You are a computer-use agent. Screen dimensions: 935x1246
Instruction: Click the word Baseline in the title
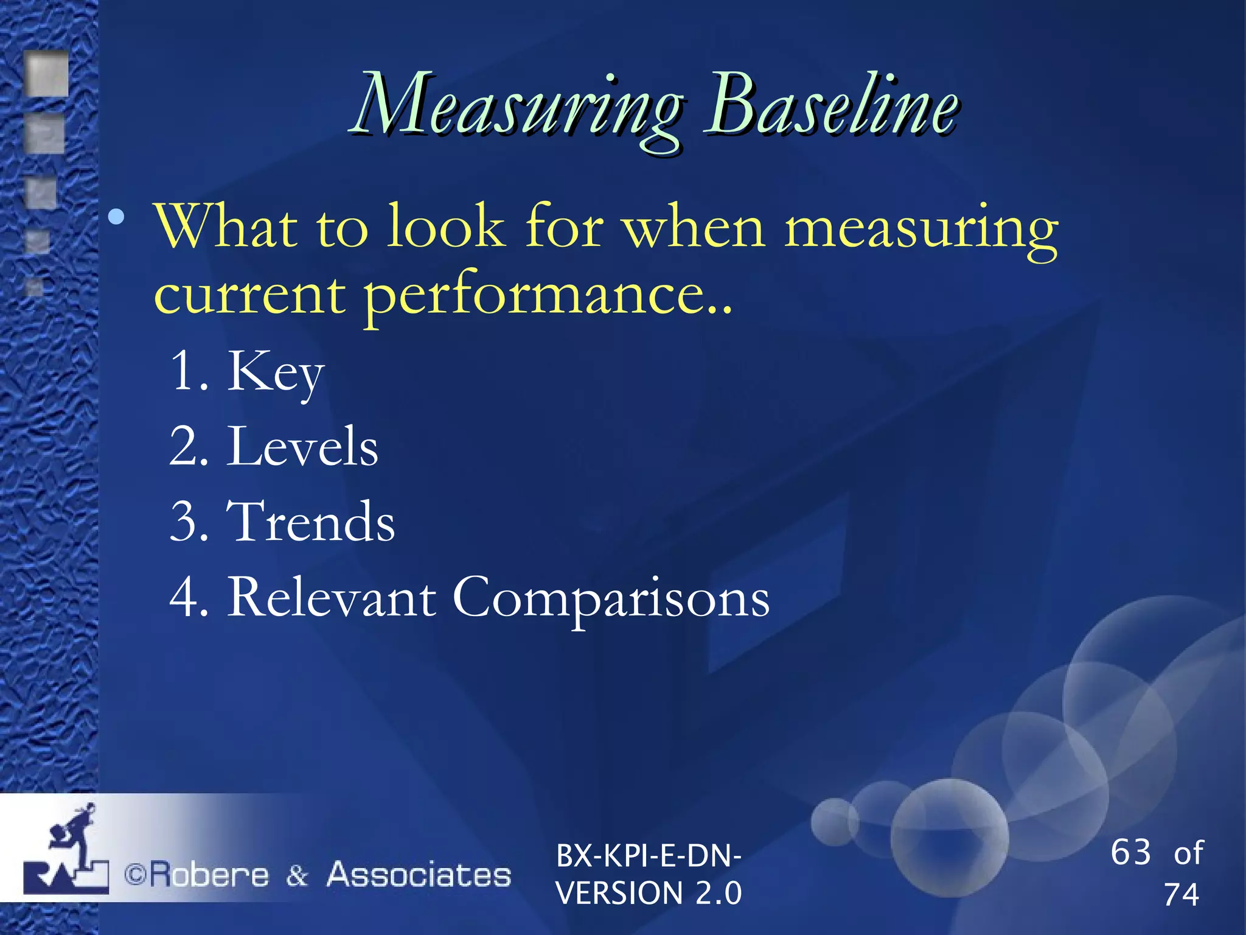click(x=831, y=105)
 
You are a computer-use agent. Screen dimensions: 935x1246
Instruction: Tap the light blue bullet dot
click(x=116, y=216)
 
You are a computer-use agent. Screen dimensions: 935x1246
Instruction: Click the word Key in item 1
click(x=275, y=373)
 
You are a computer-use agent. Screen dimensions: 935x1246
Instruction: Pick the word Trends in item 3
click(x=311, y=522)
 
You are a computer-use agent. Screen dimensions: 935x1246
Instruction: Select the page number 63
click(x=1130, y=852)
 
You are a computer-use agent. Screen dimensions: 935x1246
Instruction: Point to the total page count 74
click(x=1181, y=895)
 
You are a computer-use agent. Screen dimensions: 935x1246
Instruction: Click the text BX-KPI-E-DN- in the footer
click(x=649, y=856)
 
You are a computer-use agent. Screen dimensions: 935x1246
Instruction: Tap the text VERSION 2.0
click(x=649, y=894)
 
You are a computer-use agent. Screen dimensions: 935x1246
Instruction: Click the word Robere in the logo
click(x=209, y=875)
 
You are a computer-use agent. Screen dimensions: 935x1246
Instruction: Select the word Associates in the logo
click(x=419, y=875)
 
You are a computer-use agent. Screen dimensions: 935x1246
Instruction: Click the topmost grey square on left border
click(x=47, y=74)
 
